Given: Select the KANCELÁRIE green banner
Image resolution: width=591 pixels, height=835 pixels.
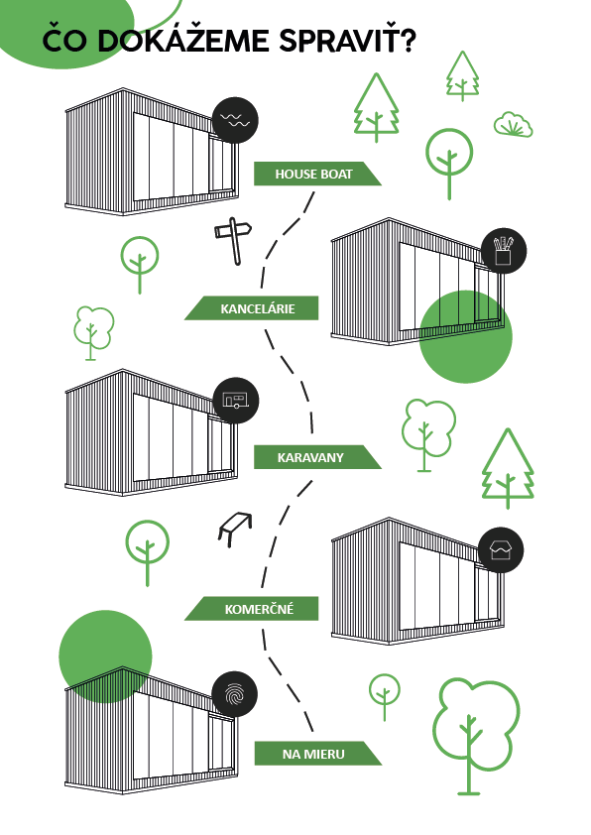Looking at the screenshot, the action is click(x=252, y=308).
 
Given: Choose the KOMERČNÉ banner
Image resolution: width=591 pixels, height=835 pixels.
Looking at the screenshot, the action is click(x=252, y=609).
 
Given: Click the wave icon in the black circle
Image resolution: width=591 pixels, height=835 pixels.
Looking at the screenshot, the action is click(x=235, y=120).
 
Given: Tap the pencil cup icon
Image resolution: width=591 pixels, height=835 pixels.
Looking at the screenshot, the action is click(x=504, y=251).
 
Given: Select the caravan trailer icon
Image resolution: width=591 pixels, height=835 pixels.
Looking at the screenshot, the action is click(x=236, y=401).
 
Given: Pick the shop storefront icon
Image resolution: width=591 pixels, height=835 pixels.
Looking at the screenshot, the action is click(x=501, y=550).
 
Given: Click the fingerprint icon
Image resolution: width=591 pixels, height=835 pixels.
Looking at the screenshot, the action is click(x=234, y=695).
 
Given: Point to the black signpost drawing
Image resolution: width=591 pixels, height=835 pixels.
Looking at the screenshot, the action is click(x=234, y=241).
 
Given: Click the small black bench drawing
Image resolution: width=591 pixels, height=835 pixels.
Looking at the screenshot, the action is click(x=235, y=529).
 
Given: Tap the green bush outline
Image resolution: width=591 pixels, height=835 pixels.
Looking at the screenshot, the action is click(x=514, y=125).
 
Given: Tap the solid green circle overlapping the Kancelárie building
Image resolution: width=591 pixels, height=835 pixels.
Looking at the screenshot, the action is click(x=466, y=336).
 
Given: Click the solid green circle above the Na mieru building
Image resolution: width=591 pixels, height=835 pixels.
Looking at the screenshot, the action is click(x=105, y=656).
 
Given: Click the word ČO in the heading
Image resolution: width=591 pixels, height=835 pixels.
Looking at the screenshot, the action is click(x=65, y=39).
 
